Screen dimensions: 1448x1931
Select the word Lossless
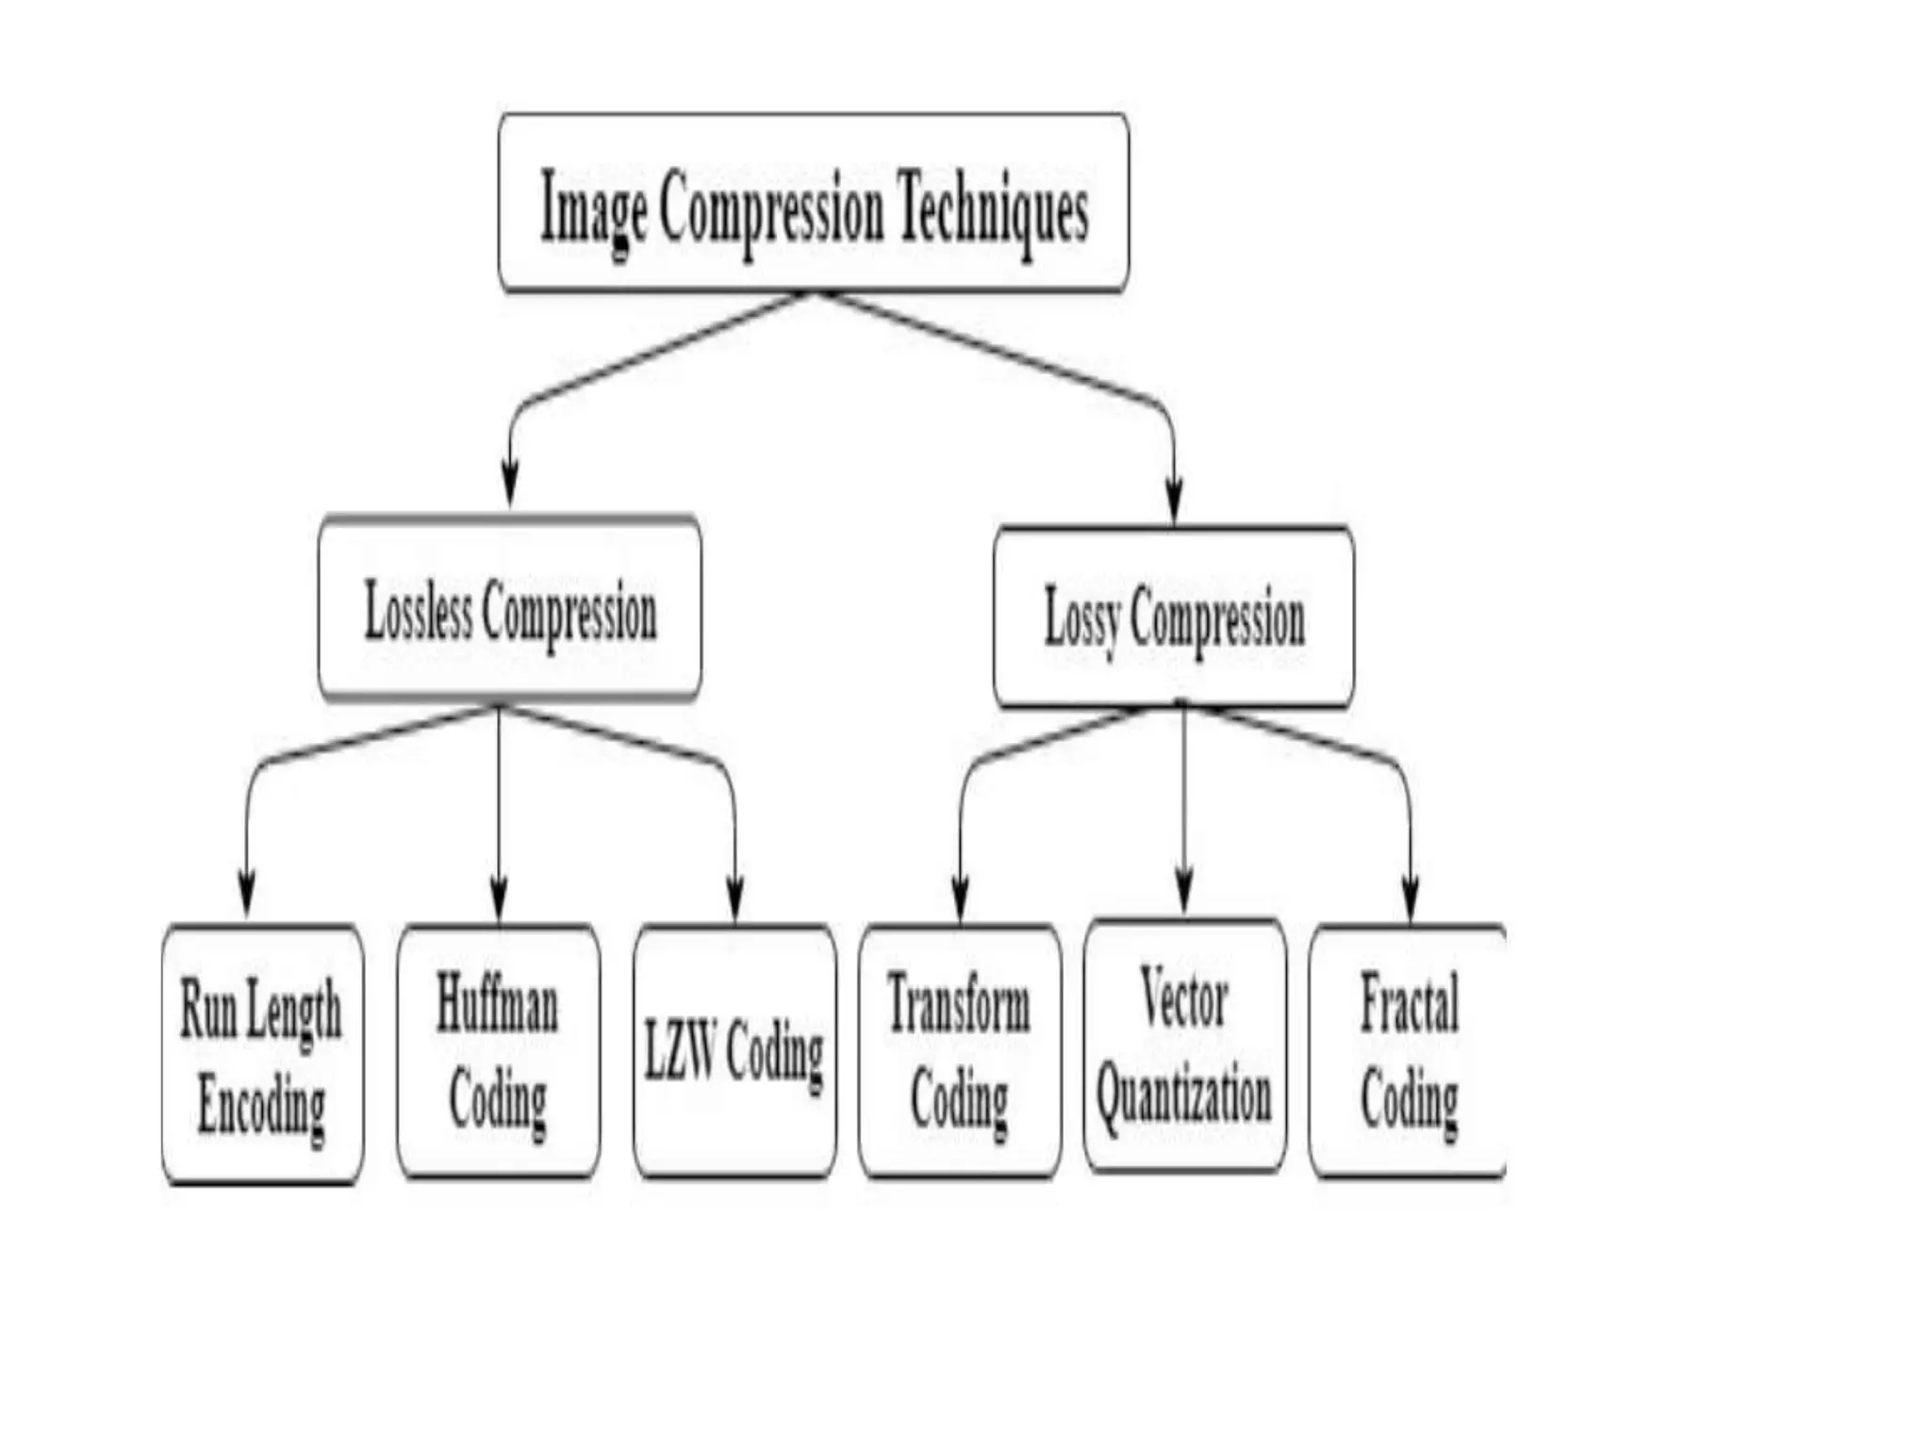coord(418,611)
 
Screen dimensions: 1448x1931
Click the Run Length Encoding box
coord(262,1054)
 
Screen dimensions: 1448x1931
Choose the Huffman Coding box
coord(498,1052)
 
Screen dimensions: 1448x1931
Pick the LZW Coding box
coord(734,1052)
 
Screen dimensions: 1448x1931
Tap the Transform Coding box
coord(960,1052)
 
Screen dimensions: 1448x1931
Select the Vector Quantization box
coord(1184,1046)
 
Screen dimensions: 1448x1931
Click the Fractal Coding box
coord(1408,1052)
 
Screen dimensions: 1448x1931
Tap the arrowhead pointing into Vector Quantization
coord(1184,891)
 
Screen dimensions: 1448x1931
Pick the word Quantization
coord(1184,1096)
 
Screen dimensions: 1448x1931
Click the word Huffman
coord(498,1005)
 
